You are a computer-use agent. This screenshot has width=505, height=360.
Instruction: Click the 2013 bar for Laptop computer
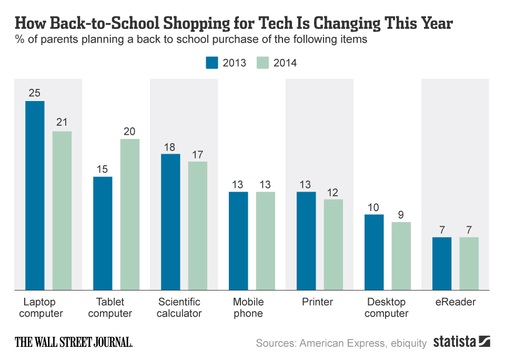35,195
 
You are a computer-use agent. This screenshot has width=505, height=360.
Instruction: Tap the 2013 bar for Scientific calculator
170,222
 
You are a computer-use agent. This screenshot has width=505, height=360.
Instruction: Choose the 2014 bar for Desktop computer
401,256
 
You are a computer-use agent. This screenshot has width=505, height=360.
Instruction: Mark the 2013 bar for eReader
442,263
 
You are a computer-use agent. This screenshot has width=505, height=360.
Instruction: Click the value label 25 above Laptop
35,93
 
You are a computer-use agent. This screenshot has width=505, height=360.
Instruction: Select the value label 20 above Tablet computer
130,131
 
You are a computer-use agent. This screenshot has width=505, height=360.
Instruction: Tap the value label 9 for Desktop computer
401,214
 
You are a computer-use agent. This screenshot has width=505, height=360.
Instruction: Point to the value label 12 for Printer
334,192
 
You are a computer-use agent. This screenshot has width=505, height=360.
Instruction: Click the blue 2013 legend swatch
211,63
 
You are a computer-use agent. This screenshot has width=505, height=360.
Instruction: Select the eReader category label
456,302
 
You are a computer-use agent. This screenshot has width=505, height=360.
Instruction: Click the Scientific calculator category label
180,308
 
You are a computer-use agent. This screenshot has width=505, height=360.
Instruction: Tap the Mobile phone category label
248,308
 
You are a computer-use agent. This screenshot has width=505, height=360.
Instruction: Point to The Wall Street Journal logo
74,342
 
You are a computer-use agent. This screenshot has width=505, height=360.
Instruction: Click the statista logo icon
484,342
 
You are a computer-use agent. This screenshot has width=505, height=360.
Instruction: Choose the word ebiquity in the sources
408,343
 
